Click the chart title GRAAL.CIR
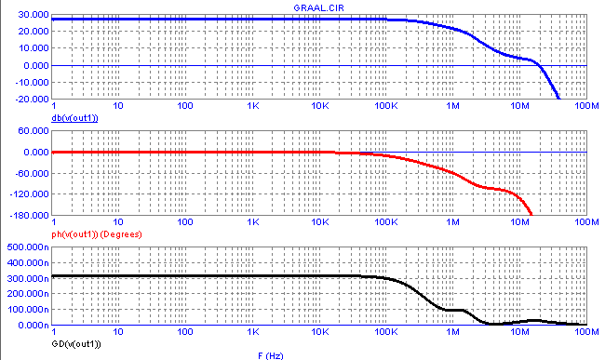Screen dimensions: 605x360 coord(318,7)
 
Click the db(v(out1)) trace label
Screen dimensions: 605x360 coord(74,118)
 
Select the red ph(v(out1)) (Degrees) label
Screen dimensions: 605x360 coord(97,234)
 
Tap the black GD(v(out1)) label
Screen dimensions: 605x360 coord(76,344)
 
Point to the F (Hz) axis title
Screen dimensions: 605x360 coord(271,355)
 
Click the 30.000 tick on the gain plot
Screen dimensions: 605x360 coord(34,15)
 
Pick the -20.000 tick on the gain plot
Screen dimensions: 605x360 coord(32,99)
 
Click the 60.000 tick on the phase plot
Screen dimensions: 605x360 coord(34,131)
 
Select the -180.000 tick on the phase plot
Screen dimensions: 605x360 coord(30,215)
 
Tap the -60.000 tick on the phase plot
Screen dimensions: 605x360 coord(32,173)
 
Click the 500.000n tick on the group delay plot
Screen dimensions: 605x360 coord(28,247)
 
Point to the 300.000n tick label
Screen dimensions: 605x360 coord(28,278)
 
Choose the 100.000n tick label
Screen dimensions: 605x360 coord(28,310)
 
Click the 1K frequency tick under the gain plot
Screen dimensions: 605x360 coord(253,106)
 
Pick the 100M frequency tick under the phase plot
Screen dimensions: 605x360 coord(586,222)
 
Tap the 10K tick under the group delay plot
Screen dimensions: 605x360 coord(320,332)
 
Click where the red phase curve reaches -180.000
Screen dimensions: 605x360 coord(531,215)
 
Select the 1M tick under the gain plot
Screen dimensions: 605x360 coord(453,106)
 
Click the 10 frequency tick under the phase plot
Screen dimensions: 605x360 coord(118,222)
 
